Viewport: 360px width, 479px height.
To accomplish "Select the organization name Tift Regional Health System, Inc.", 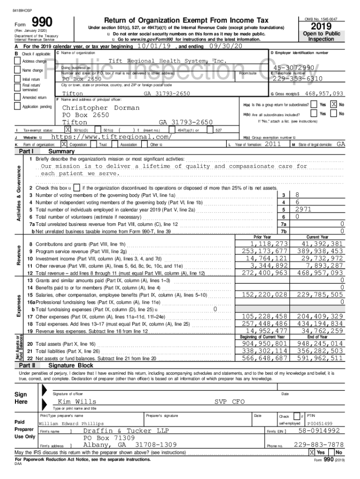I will [x=167, y=61].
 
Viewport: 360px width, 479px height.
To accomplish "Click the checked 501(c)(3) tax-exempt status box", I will [x=68, y=130].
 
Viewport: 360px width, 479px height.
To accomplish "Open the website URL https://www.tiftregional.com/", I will [x=111, y=137].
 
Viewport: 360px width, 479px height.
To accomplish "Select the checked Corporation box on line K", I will [x=64, y=145].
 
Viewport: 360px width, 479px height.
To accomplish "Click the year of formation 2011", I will [x=273, y=145].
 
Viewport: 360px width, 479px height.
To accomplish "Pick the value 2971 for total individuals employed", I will [x=303, y=210].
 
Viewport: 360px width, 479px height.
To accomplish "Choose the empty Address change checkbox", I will [x=18, y=61].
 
